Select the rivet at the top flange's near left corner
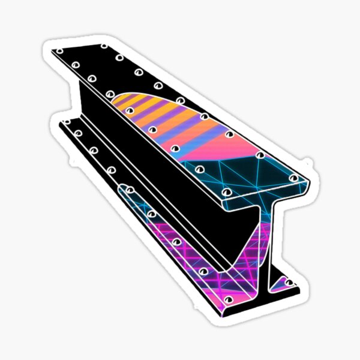click(x=227, y=192)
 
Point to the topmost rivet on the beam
click(x=104, y=46)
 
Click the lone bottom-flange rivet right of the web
click(x=289, y=282)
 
